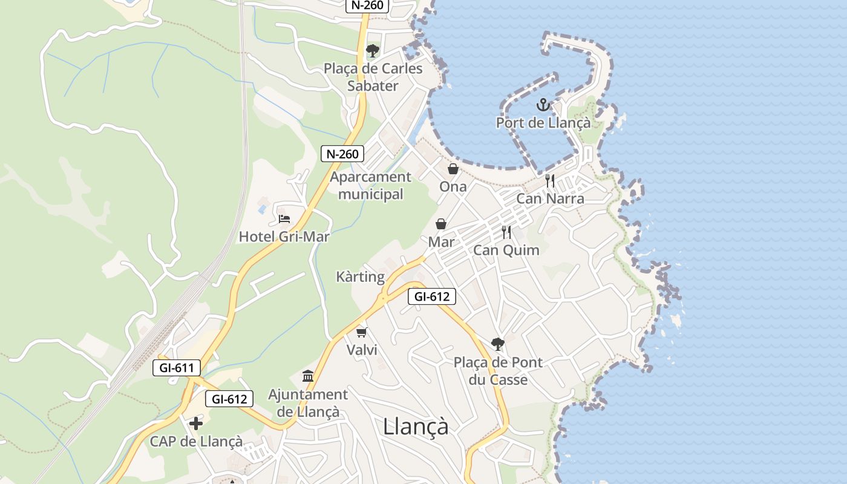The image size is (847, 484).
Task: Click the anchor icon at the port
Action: tap(543, 105)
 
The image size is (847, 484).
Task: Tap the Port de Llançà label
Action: tap(543, 123)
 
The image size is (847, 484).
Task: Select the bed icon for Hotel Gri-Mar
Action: tap(284, 218)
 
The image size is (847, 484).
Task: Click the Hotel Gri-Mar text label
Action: tap(284, 237)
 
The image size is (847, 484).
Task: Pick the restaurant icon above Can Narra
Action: tap(550, 180)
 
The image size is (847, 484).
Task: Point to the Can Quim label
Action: tap(506, 250)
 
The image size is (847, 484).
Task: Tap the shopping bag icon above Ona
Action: tap(453, 169)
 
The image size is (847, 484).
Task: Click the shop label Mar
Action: tap(441, 242)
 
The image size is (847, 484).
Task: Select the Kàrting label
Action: tap(361, 277)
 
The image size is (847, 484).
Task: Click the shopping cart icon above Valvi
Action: tap(362, 332)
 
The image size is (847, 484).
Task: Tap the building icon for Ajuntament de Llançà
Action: tap(308, 376)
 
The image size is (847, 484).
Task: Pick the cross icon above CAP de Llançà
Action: tap(196, 423)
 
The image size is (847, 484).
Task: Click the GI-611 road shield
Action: tap(177, 367)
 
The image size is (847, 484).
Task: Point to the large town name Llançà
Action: tap(416, 427)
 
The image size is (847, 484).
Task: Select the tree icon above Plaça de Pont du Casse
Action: tap(498, 344)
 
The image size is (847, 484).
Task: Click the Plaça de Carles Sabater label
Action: tap(373, 77)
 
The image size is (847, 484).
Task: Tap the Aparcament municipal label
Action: tap(370, 185)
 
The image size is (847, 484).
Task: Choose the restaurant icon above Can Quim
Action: tap(506, 232)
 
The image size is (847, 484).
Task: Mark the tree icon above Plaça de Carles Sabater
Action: tap(373, 50)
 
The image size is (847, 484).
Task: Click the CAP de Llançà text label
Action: tap(197, 442)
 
